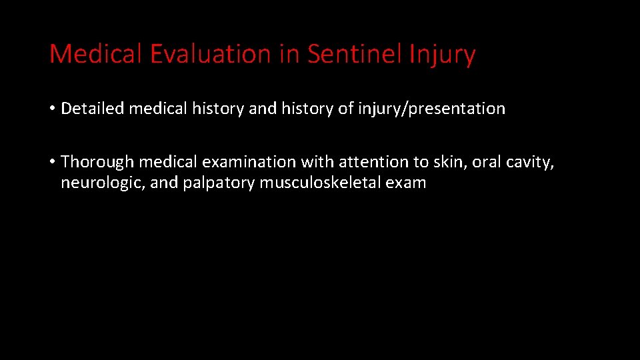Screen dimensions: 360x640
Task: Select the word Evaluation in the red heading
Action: [209, 54]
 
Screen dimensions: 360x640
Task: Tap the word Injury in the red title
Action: [443, 54]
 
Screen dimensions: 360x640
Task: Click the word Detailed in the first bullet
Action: [92, 108]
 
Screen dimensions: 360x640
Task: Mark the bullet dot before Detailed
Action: [53, 109]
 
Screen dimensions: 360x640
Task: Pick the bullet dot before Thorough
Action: [53, 162]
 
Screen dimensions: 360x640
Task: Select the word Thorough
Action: [98, 162]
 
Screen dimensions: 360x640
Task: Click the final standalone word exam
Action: [406, 183]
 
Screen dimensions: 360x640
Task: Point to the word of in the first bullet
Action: [345, 108]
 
